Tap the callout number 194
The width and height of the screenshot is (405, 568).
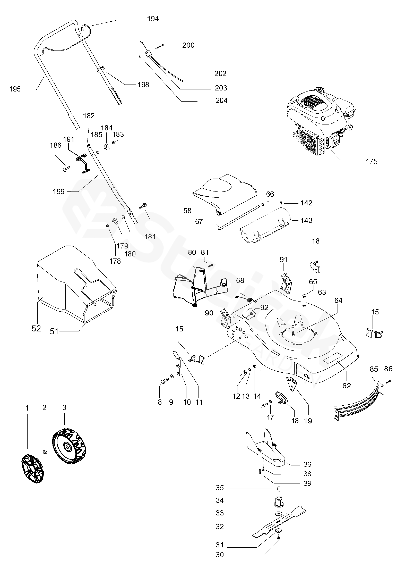point(153,19)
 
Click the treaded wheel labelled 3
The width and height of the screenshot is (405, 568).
point(69,445)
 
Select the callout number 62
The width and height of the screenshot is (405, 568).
point(347,386)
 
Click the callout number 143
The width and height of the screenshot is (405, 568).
point(306,220)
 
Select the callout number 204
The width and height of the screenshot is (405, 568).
point(222,100)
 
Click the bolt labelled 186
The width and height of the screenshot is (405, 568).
point(66,169)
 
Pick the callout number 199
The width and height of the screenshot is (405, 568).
point(59,191)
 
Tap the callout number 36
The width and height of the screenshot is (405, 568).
point(307,464)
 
